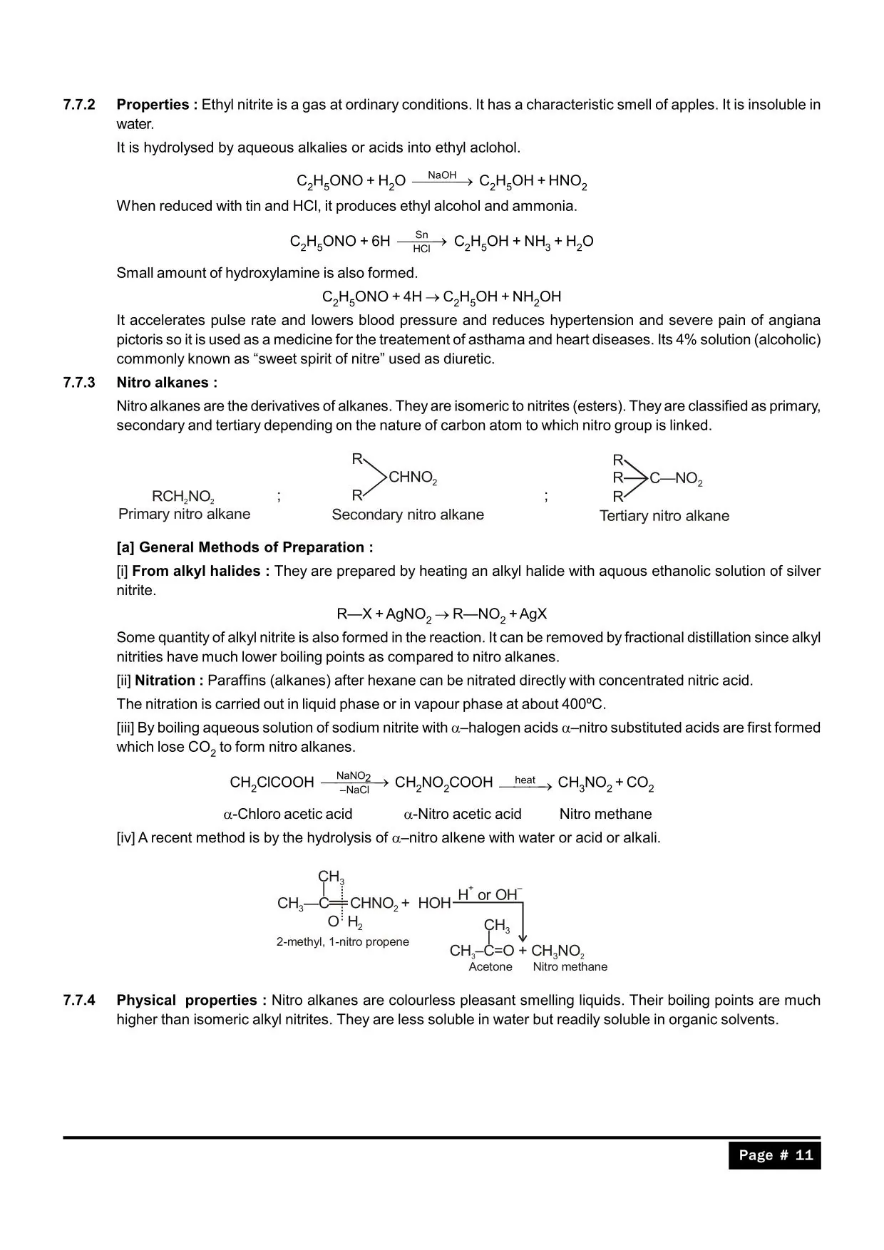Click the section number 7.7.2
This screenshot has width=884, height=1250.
[x=78, y=105]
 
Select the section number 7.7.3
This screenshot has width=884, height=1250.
[x=78, y=383]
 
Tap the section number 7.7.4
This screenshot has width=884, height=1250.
[x=78, y=1001]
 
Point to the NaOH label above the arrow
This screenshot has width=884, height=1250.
[x=442, y=175]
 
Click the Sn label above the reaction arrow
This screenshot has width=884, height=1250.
[x=421, y=234]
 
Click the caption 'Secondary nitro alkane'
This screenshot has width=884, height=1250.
[x=408, y=515]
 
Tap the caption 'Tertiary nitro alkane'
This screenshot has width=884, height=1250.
[x=664, y=516]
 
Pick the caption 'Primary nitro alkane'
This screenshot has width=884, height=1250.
[x=185, y=514]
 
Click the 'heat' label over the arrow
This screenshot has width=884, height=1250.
[x=525, y=780]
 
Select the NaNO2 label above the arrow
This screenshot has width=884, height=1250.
[x=354, y=775]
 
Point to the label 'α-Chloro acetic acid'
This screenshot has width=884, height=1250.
[x=288, y=814]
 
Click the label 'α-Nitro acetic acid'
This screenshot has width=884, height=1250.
[x=463, y=814]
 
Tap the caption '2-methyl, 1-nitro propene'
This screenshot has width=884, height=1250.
[x=343, y=942]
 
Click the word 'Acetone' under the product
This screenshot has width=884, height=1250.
[x=490, y=967]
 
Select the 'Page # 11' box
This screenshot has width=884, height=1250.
[x=775, y=1155]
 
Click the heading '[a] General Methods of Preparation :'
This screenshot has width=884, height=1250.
[x=245, y=547]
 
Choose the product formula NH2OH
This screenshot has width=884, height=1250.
[x=537, y=297]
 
